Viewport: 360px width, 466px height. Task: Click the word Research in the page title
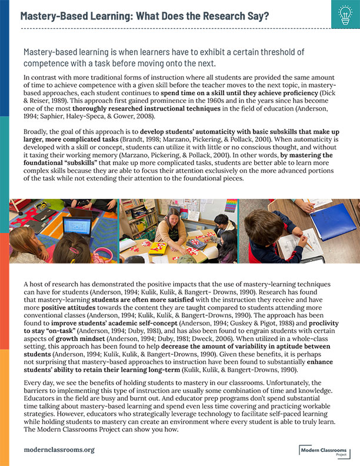tap(206, 15)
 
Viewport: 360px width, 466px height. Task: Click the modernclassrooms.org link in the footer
tap(59, 450)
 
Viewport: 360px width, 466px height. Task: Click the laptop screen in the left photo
tap(76, 226)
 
